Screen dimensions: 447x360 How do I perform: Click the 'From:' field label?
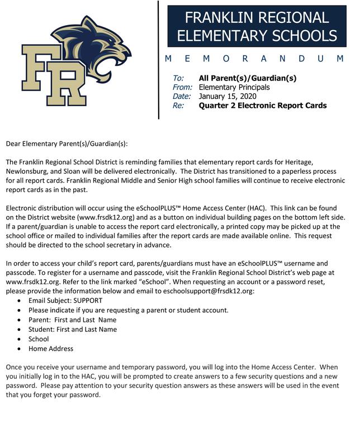coord(182,87)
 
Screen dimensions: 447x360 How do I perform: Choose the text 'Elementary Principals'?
coord(234,87)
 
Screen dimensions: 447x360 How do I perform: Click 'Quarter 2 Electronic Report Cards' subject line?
coord(263,105)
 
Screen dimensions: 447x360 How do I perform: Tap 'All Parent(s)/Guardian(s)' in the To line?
coord(248,78)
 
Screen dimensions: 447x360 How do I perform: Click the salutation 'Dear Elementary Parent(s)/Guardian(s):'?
coord(67,144)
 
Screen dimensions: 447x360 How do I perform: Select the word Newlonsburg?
coord(29,170)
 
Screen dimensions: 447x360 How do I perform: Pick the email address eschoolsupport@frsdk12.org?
coord(207,292)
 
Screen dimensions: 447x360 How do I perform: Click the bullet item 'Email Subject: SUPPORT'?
coord(65,301)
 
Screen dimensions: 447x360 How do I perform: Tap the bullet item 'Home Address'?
coord(51,348)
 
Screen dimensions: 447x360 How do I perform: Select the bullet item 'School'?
coord(39,339)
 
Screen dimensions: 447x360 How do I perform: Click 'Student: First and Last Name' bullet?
coord(73,329)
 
